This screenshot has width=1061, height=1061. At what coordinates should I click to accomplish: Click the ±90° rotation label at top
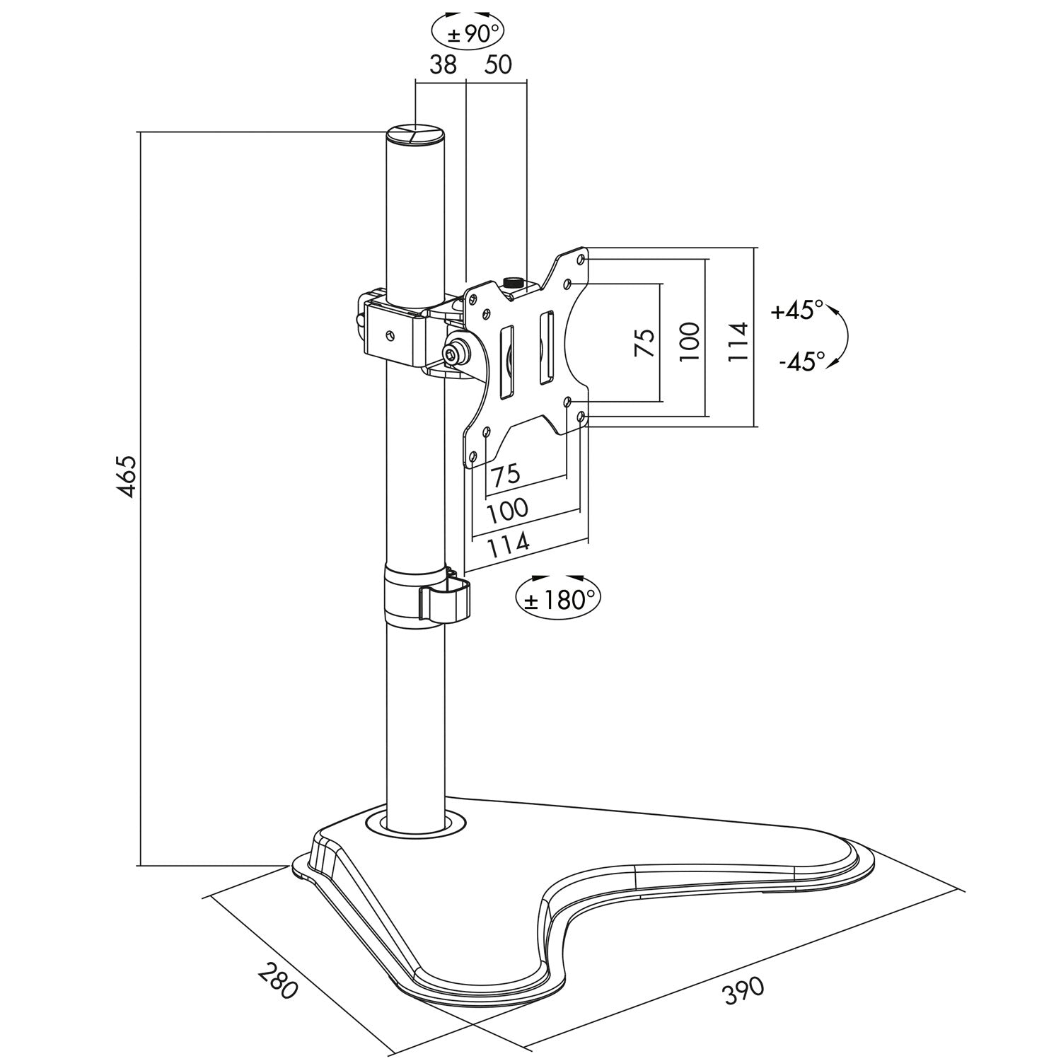[x=468, y=33]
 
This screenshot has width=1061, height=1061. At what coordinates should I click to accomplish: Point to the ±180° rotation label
[x=559, y=601]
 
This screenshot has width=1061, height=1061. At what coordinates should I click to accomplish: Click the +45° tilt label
[x=798, y=311]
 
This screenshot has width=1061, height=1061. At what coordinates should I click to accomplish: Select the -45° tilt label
[x=802, y=361]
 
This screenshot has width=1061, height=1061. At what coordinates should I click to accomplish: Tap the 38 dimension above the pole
[x=443, y=65]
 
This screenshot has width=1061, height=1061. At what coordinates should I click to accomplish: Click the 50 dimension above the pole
[x=497, y=65]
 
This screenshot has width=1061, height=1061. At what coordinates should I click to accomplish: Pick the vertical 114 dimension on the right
[x=738, y=342]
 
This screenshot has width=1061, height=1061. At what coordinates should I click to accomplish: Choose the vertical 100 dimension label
[x=690, y=342]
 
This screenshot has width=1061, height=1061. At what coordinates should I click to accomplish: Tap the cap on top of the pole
[x=416, y=134]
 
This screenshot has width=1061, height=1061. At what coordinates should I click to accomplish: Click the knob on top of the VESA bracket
[x=511, y=282]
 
